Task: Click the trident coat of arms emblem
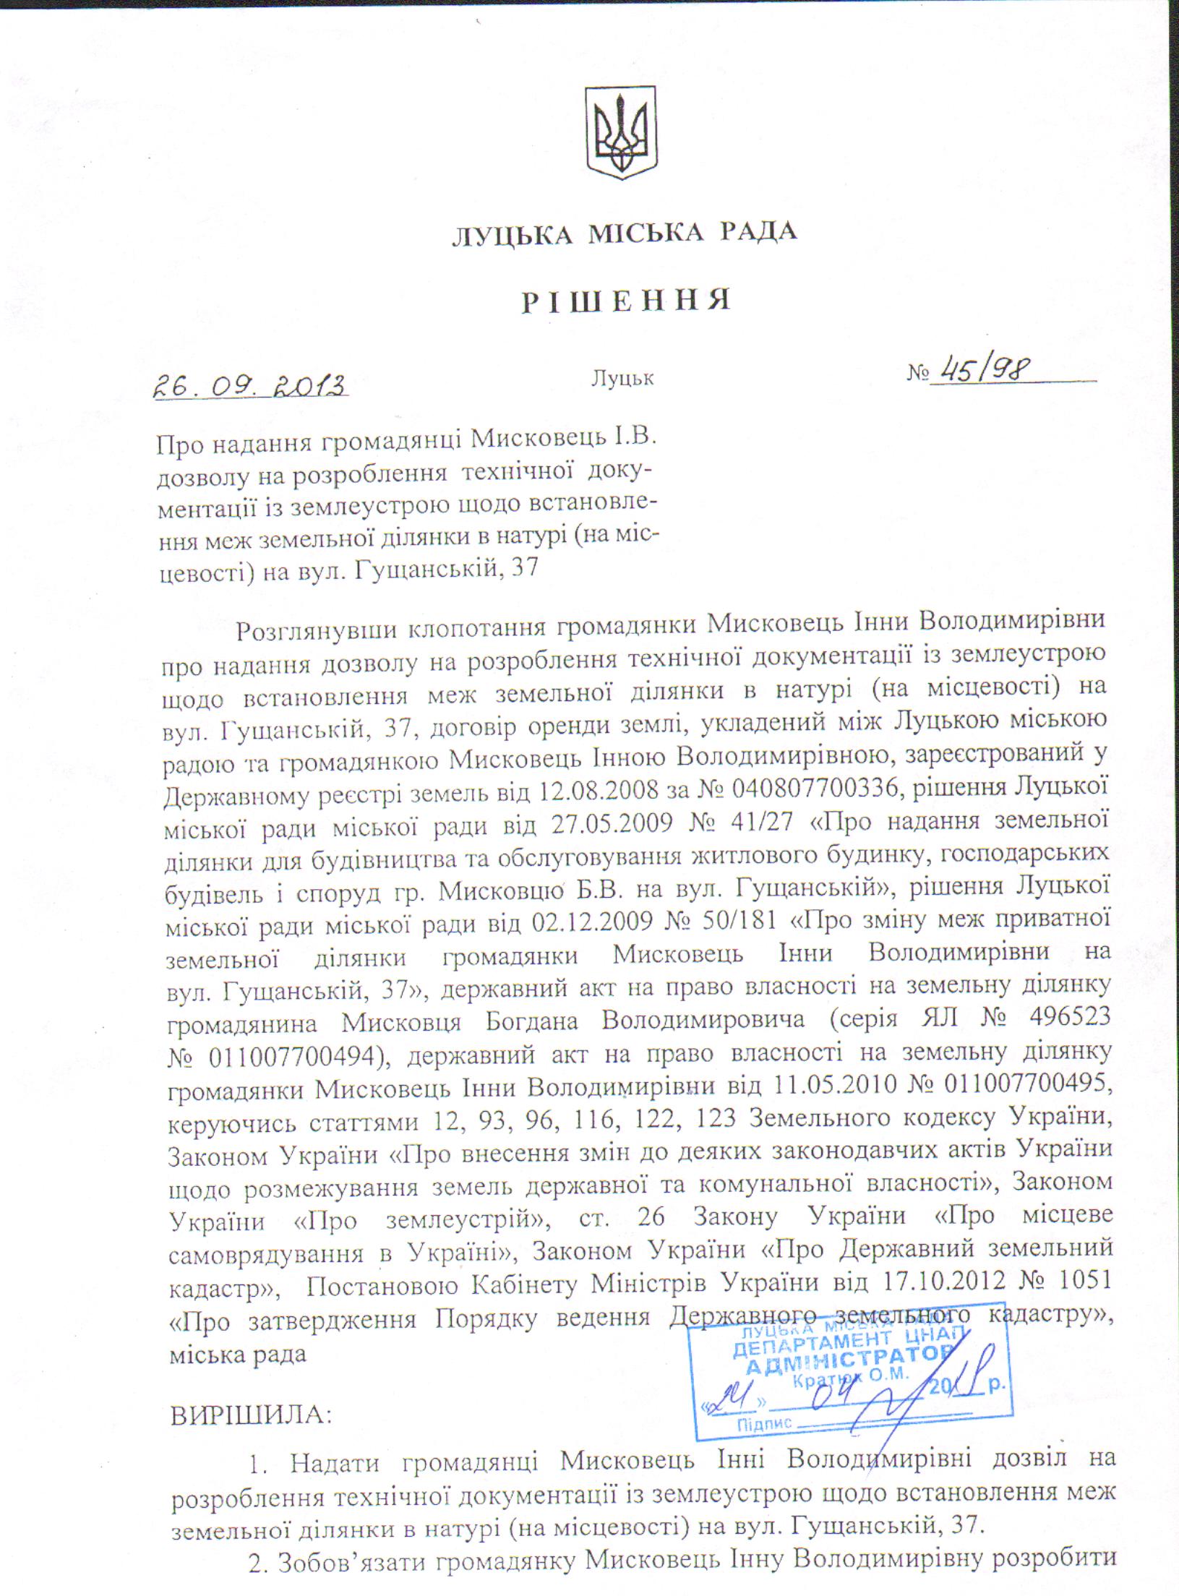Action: point(619,133)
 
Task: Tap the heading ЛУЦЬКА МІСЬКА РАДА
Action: point(625,232)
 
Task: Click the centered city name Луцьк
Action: point(622,377)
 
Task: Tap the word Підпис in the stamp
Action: point(762,1420)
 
